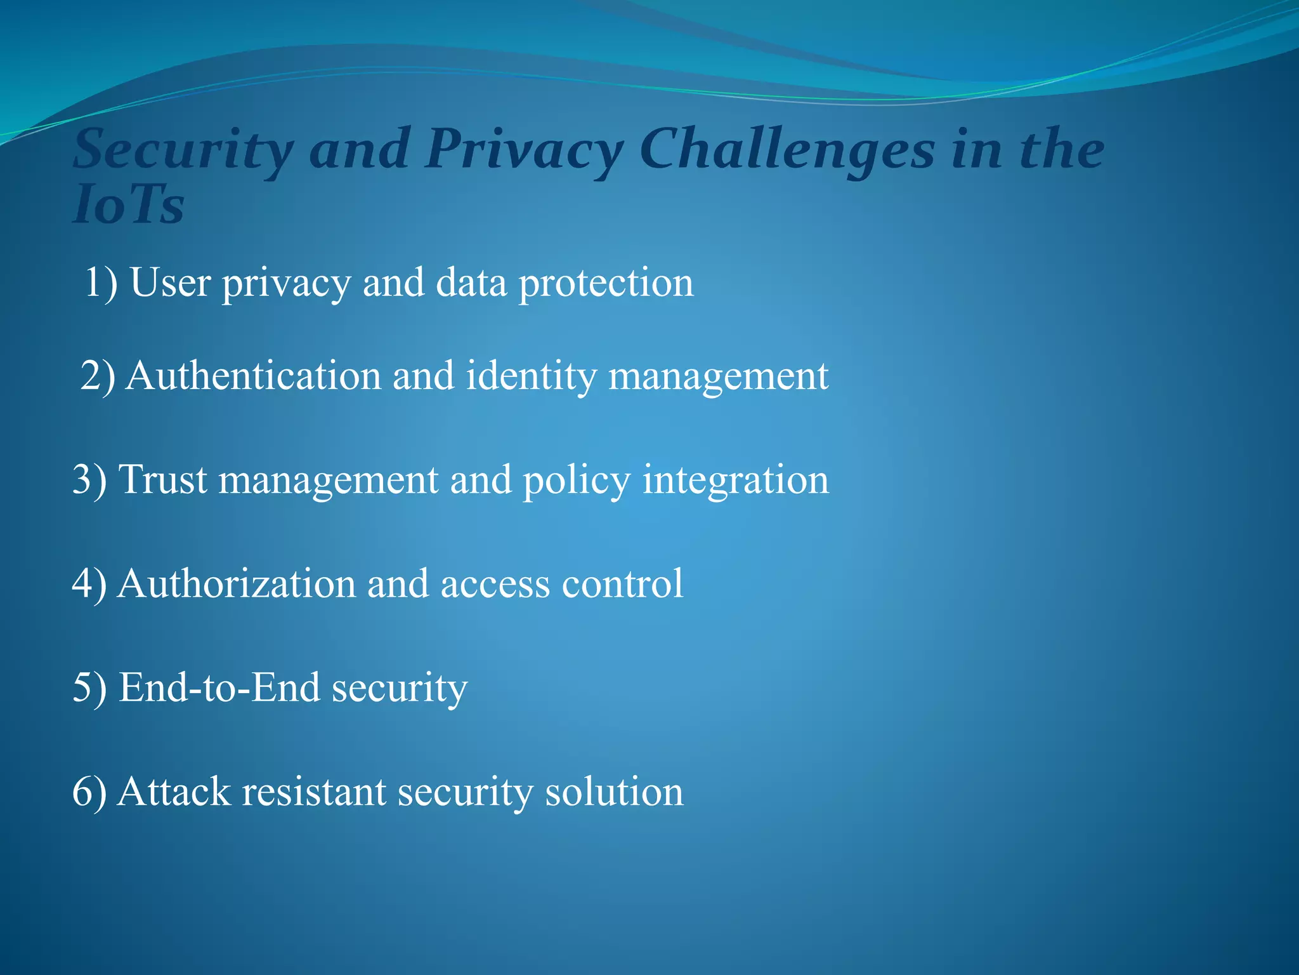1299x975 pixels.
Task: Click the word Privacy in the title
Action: [524, 150]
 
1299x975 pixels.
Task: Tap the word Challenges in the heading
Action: [787, 150]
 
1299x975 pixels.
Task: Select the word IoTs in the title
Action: [128, 206]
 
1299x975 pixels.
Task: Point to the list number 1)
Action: [101, 282]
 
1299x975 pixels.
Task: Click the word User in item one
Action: [170, 282]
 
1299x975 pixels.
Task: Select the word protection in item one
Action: [606, 283]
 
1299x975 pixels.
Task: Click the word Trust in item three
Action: [163, 479]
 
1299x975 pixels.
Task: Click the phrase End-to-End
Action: [219, 687]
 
